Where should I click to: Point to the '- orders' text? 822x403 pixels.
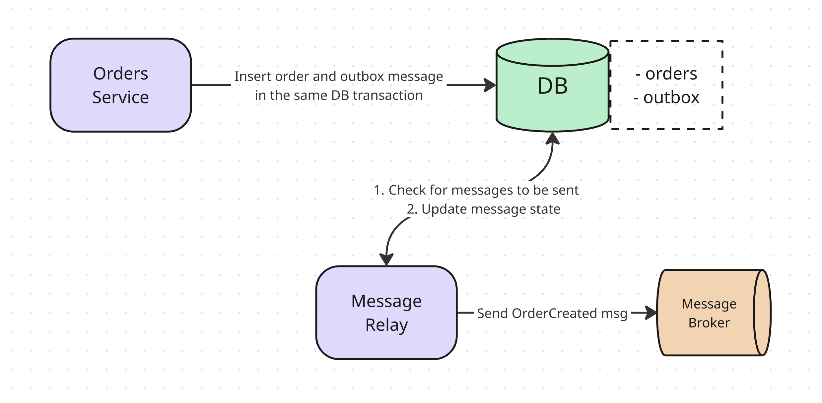666,74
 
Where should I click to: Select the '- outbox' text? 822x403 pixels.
666,97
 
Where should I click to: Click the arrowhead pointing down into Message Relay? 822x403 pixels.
386,259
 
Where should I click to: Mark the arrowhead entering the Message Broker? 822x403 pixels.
651,313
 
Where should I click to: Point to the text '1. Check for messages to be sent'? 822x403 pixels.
476,190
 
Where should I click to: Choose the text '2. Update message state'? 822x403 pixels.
483,209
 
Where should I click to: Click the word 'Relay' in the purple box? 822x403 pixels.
386,325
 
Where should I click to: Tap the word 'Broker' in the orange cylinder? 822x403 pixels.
709,323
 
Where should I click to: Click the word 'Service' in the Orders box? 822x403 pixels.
120,97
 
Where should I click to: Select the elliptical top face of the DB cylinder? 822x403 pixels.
552,52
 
